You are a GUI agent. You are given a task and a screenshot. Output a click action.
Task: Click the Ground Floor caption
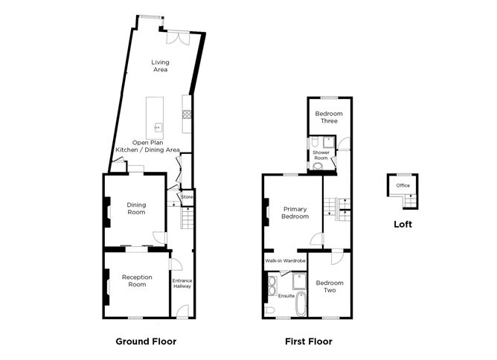[146, 341]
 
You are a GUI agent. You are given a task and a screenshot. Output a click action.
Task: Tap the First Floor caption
[309, 341]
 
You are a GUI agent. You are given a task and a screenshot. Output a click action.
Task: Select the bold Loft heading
[403, 225]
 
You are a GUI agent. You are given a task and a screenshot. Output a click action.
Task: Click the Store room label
[187, 197]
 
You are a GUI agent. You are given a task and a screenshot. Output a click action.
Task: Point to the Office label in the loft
[403, 185]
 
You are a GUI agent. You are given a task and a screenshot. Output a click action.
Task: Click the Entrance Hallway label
[182, 283]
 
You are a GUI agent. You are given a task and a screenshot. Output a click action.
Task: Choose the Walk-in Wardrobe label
[285, 261]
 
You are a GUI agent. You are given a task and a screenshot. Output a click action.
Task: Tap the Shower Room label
[321, 155]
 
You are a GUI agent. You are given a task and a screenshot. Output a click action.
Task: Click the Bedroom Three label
[329, 118]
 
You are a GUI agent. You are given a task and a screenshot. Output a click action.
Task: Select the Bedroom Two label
[330, 286]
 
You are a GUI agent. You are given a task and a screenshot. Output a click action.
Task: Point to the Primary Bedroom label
[295, 213]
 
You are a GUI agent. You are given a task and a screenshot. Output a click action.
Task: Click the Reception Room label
[137, 280]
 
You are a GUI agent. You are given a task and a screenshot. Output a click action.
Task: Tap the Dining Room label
[136, 208]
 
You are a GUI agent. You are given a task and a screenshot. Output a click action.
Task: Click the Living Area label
[160, 66]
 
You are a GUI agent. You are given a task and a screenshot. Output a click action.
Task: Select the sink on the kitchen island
[158, 128]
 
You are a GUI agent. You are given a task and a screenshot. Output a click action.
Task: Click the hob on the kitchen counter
[187, 114]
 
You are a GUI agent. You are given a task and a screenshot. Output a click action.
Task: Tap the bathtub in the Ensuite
[301, 304]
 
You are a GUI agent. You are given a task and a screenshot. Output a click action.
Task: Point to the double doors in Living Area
[178, 37]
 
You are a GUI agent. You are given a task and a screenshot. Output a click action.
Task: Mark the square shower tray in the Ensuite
[300, 280]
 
